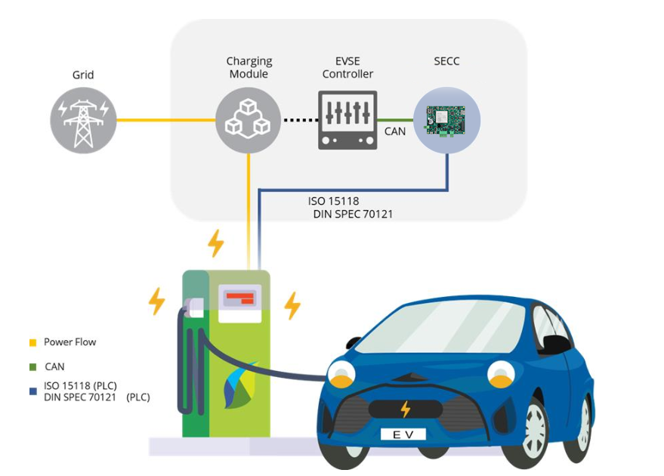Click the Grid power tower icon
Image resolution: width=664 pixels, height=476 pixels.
click(x=83, y=120)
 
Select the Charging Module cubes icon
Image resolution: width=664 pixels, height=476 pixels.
click(x=249, y=120)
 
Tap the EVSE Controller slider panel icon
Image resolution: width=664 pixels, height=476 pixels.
click(x=347, y=120)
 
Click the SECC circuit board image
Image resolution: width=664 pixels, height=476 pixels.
click(x=446, y=120)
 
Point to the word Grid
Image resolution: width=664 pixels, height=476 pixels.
click(x=83, y=75)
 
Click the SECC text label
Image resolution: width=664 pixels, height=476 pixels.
click(x=446, y=61)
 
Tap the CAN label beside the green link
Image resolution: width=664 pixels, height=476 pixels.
click(x=394, y=131)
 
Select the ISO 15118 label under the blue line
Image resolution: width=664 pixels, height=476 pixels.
click(x=333, y=201)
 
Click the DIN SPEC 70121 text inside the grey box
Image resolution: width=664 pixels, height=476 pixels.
click(x=353, y=215)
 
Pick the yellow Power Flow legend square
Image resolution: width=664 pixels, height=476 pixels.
click(x=32, y=342)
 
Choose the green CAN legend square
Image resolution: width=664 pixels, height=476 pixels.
click(x=32, y=366)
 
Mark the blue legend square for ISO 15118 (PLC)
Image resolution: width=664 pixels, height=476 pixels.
click(x=32, y=391)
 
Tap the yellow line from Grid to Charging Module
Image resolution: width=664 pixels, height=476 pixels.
click(x=166, y=120)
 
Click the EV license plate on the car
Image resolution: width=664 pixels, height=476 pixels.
click(x=403, y=434)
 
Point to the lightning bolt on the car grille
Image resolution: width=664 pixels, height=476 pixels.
click(x=405, y=409)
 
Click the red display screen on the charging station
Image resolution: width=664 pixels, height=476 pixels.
click(x=239, y=298)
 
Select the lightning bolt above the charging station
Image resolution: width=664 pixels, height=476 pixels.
click(x=215, y=243)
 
